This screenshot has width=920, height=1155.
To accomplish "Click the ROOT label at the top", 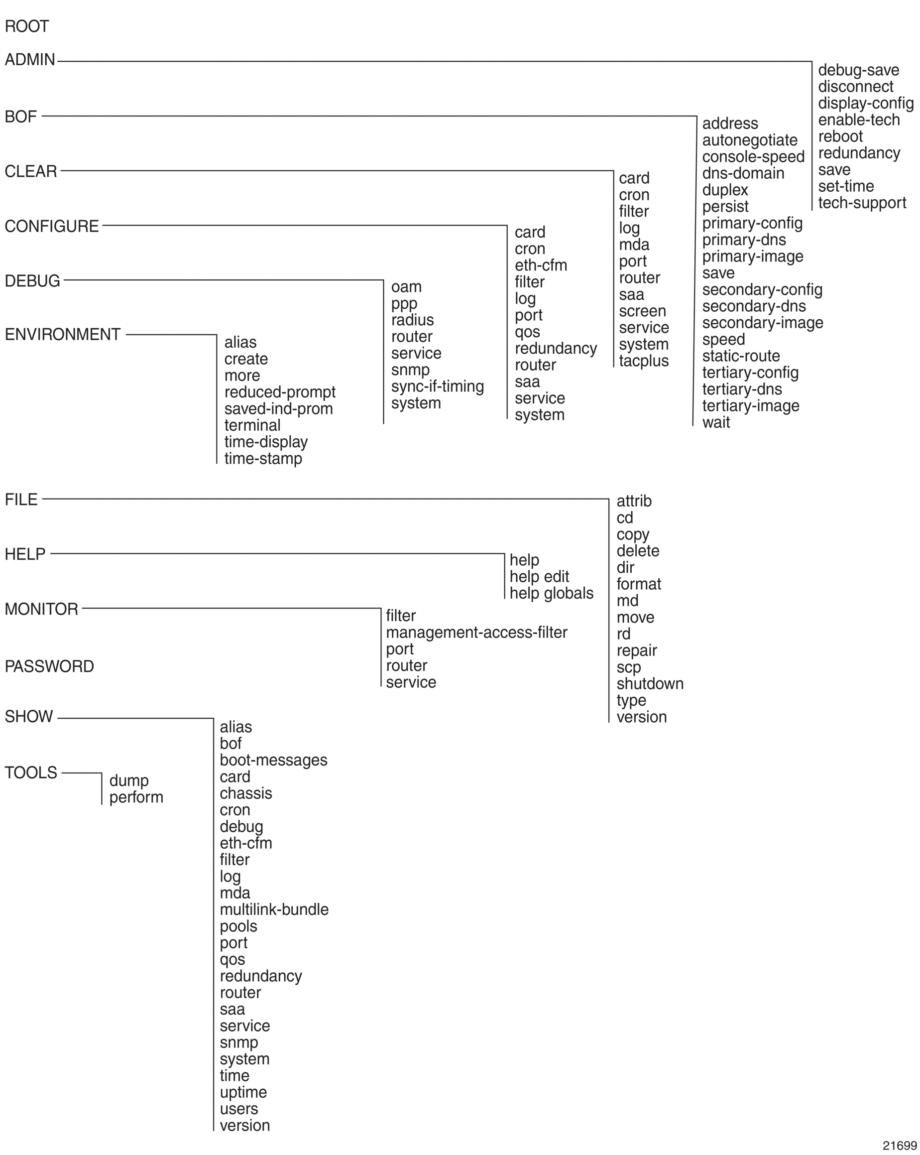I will [x=27, y=26].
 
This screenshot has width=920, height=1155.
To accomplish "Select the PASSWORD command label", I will [x=49, y=666].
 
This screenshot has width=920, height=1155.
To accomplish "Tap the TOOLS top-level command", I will [x=31, y=772].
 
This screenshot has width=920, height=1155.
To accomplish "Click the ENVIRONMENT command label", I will [x=63, y=334].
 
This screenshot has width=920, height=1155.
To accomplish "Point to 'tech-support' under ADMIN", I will [x=862, y=203].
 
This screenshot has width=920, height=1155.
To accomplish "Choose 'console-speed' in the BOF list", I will [x=753, y=157].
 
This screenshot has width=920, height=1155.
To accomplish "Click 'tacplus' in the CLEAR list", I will [x=643, y=361].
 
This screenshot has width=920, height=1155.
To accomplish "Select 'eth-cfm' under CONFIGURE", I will [x=540, y=265].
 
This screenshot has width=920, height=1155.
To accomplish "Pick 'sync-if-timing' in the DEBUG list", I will [x=437, y=386].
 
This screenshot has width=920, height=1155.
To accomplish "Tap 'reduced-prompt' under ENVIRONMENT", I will [x=279, y=392].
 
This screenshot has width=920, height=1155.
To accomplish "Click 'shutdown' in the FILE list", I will [x=650, y=684].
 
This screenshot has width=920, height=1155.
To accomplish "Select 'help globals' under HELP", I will [x=551, y=594].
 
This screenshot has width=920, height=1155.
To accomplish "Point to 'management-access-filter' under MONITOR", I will [x=476, y=633].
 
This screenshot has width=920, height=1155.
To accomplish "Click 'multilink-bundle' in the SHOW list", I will [x=274, y=909].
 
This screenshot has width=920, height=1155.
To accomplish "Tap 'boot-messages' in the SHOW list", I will [x=273, y=760].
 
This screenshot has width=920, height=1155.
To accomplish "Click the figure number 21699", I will [x=900, y=1146].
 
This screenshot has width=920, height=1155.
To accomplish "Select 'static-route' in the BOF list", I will [x=741, y=356].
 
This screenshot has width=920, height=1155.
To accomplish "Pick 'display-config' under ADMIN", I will [x=865, y=104].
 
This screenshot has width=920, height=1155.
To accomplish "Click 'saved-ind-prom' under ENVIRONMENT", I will [x=278, y=409].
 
